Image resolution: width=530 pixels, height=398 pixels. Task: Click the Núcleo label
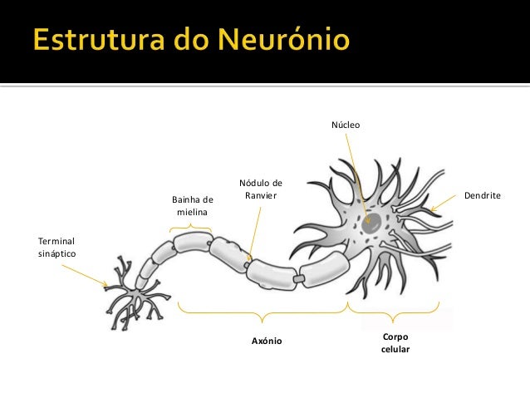[x=346, y=125]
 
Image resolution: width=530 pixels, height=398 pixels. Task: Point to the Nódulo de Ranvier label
[x=260, y=189]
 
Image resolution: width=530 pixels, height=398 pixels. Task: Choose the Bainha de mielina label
[x=192, y=206]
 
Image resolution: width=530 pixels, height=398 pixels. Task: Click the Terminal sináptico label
[x=56, y=247]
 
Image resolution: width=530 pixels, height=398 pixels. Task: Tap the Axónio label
[x=267, y=341]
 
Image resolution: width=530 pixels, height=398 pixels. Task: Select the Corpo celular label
[x=395, y=343]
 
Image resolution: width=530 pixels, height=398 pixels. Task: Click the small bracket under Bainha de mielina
[x=190, y=226]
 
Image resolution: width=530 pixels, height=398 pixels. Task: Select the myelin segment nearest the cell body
[x=325, y=268]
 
